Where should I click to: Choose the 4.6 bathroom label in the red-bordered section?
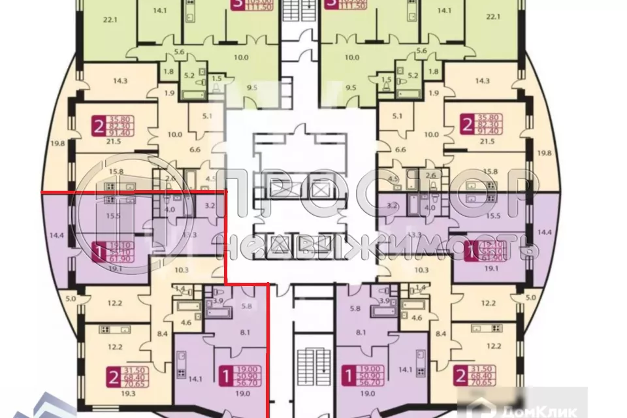(x=185, y=322)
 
